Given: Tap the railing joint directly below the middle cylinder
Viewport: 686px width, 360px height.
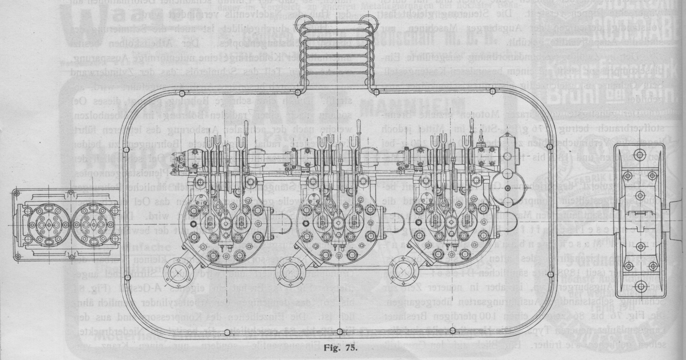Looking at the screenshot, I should coord(339,331).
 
